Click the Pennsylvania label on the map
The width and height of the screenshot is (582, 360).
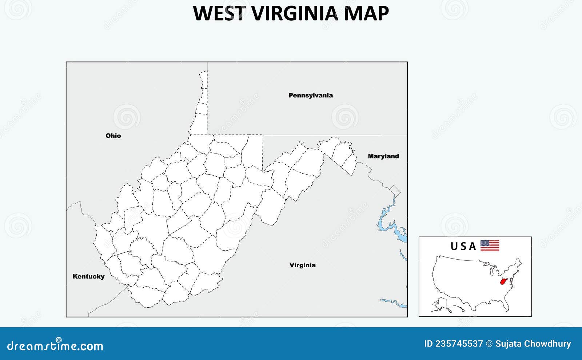click(311, 95)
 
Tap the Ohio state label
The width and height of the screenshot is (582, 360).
click(113, 136)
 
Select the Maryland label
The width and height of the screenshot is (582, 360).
click(383, 156)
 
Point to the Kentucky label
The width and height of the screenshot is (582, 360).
click(88, 276)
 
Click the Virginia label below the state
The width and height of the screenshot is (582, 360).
click(302, 265)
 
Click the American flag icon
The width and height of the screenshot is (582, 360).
click(490, 246)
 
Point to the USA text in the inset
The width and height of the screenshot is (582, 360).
click(463, 247)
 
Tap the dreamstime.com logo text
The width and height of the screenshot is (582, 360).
click(55, 346)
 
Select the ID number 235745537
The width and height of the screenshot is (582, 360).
click(454, 344)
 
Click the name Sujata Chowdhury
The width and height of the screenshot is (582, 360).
click(533, 344)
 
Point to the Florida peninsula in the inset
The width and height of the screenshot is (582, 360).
click(506, 307)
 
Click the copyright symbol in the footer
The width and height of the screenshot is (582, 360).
click(489, 344)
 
